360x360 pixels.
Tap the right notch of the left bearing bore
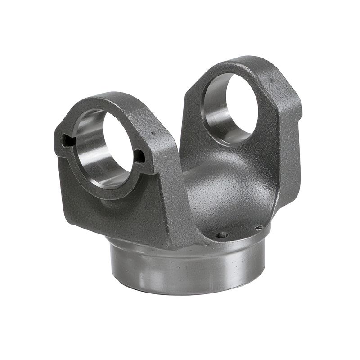(x=140, y=157)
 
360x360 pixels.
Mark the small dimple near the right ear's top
(x=271, y=81)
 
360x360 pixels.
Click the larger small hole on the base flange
(x=222, y=234)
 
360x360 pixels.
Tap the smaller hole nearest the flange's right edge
(x=258, y=228)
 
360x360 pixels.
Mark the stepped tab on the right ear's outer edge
(x=295, y=106)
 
